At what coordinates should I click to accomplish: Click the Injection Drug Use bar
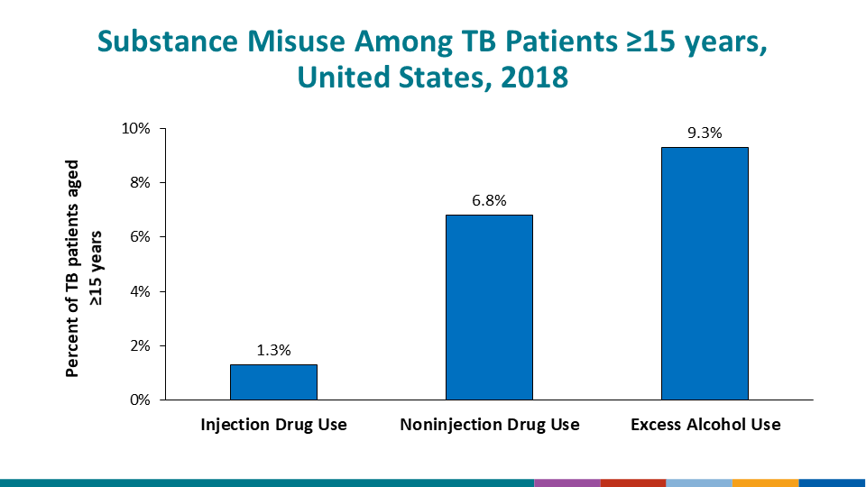pos(273,381)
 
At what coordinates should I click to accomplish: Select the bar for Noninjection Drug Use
pos(489,307)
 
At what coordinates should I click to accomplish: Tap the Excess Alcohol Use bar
pos(705,273)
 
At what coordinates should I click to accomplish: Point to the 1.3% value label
pos(273,351)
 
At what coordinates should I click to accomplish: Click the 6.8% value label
pos(489,201)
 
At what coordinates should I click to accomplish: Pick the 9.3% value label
pos(705,133)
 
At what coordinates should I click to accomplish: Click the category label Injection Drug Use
pos(273,424)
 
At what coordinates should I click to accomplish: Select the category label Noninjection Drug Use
pos(489,424)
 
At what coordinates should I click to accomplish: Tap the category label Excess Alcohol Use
pos(705,424)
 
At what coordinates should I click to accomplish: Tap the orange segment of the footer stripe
pos(765,482)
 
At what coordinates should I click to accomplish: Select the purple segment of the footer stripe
pos(567,482)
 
